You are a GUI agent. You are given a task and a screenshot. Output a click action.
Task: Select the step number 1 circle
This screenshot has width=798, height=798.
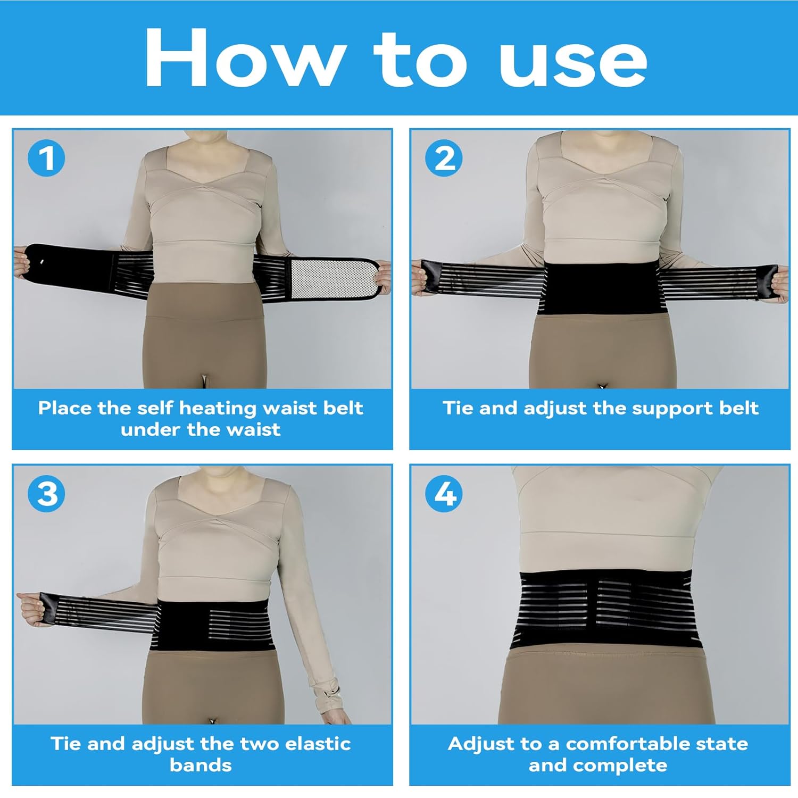coord(47,158)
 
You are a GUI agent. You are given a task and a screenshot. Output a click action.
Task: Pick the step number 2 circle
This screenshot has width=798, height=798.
coord(444,158)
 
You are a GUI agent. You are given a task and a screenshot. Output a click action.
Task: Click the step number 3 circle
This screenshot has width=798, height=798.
coord(47,494)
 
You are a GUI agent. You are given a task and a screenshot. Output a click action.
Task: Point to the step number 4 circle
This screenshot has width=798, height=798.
coord(444,494)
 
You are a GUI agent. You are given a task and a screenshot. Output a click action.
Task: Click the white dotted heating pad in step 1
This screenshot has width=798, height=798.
coord(334,277)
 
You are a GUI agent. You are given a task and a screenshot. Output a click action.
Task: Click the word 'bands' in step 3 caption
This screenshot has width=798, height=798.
coord(201,765)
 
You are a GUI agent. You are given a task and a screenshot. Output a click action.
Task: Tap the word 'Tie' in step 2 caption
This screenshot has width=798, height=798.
coord(459,408)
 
